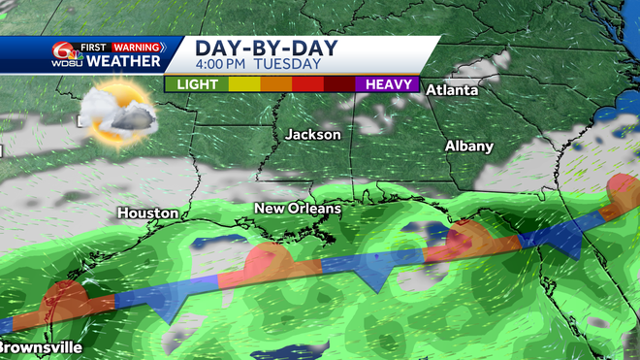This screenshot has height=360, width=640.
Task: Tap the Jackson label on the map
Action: pos(312,134)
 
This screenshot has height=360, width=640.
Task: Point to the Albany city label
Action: pos(468,146)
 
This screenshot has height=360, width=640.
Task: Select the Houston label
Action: pos(147,213)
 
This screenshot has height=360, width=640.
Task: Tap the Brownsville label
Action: pos(33,346)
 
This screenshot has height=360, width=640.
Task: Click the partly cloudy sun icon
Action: pos(117,109)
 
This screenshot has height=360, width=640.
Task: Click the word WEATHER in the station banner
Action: pos(124,62)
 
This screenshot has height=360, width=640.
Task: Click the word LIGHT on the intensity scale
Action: pos(196,84)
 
